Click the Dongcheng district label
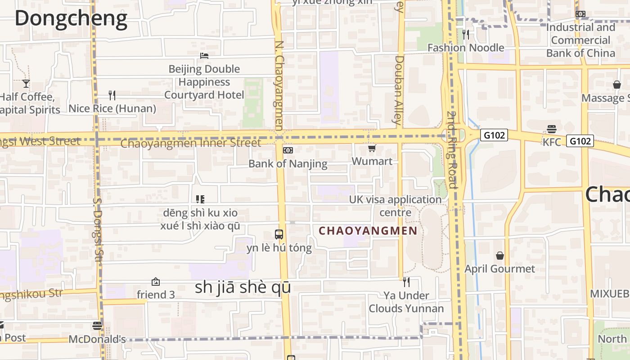click(71, 19)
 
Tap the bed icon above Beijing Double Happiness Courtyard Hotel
click(204, 56)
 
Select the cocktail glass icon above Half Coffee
click(26, 84)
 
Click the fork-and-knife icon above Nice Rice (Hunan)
click(112, 95)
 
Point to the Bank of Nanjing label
click(288, 163)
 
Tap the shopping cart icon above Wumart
click(372, 148)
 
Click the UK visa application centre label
click(396, 206)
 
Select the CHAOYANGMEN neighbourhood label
click(368, 231)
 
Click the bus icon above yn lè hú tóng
click(279, 234)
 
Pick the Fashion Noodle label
click(466, 48)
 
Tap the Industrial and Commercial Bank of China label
click(580, 40)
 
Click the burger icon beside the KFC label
click(552, 130)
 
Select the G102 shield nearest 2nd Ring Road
click(494, 135)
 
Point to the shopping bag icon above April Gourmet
click(499, 256)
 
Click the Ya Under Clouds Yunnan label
click(406, 302)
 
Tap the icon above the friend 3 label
click(156, 282)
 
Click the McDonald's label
click(97, 339)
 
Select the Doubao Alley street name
click(399, 90)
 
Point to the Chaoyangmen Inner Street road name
click(191, 144)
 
